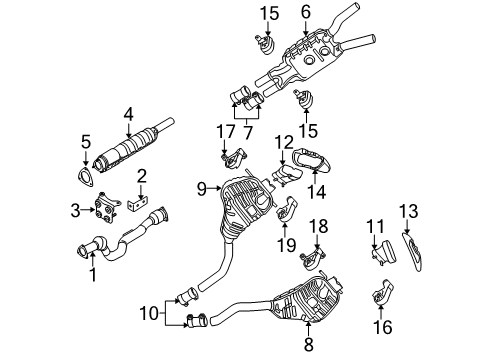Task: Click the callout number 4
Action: pos(128,115)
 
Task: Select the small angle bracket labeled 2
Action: pos(139,204)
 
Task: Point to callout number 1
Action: pos(93,275)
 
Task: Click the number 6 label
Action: pos(305,12)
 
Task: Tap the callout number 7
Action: pos(247,132)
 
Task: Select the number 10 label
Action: pos(148,313)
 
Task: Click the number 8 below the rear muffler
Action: pos(309,344)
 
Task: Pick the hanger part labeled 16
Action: pos(382,293)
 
